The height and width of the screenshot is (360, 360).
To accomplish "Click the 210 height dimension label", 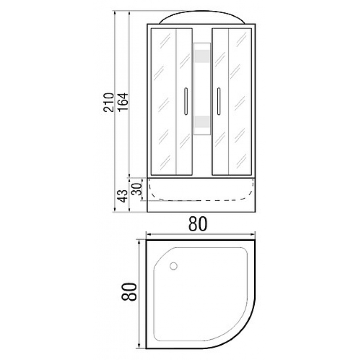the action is click(x=108, y=102).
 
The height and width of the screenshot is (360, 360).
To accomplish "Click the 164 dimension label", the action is click(x=122, y=102).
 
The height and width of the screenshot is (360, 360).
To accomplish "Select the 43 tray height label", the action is click(x=123, y=196).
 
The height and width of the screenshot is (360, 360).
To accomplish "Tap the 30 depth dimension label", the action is click(x=136, y=189).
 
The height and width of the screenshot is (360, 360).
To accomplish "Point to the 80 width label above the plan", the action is click(x=198, y=224).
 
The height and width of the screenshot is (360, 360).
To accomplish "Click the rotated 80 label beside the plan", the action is click(x=129, y=292).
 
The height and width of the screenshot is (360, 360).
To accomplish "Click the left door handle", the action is click(x=186, y=101).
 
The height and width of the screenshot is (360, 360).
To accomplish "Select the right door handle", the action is click(x=219, y=101).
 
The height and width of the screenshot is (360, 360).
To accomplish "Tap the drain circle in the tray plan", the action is click(x=173, y=266).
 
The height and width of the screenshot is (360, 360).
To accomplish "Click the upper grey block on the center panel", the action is click(x=202, y=56).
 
